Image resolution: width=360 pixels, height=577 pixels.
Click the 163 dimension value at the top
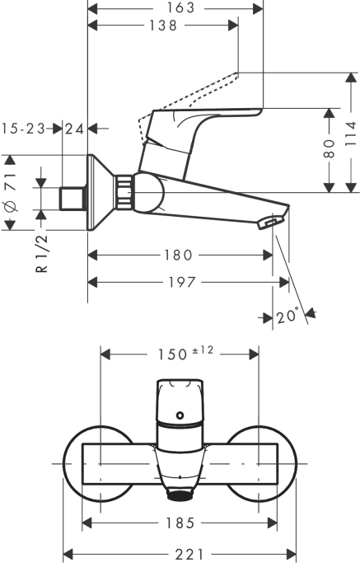coord(174,8)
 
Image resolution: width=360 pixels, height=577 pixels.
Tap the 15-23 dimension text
coord(22,129)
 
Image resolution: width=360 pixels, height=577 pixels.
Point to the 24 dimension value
coord(75,129)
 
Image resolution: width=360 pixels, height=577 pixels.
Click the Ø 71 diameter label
coord(10,193)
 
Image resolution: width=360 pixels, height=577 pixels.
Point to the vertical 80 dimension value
coord(330,149)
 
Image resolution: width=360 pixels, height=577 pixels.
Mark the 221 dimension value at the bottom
coord(180,555)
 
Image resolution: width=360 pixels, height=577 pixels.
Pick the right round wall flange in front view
coord(278,465)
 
